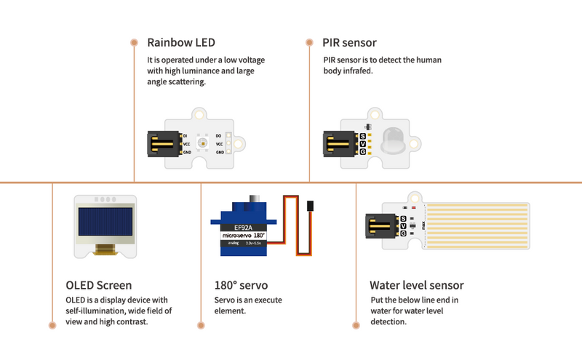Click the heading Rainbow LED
tap(181, 43)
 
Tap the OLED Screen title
tap(99, 285)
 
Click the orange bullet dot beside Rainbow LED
tap(134, 42)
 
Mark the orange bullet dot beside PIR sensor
tap(309, 42)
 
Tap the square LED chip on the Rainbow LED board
tap(202, 143)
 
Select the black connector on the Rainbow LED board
tap(162, 143)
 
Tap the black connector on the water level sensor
tap(378, 226)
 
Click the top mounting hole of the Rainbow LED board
tap(199, 114)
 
